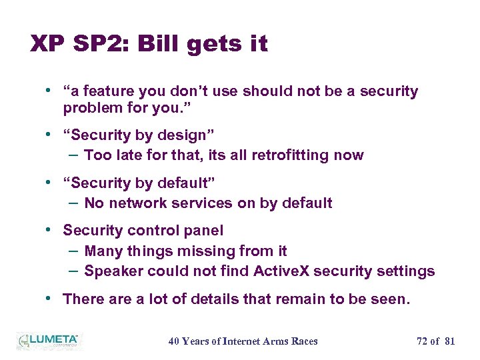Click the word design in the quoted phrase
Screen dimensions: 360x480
[x=183, y=135]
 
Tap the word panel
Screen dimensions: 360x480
[x=204, y=231]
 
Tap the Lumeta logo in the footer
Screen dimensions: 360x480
[x=47, y=341]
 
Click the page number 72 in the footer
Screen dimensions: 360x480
[x=423, y=341]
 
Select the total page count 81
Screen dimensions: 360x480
[x=449, y=341]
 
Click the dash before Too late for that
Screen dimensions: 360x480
[x=73, y=155]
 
